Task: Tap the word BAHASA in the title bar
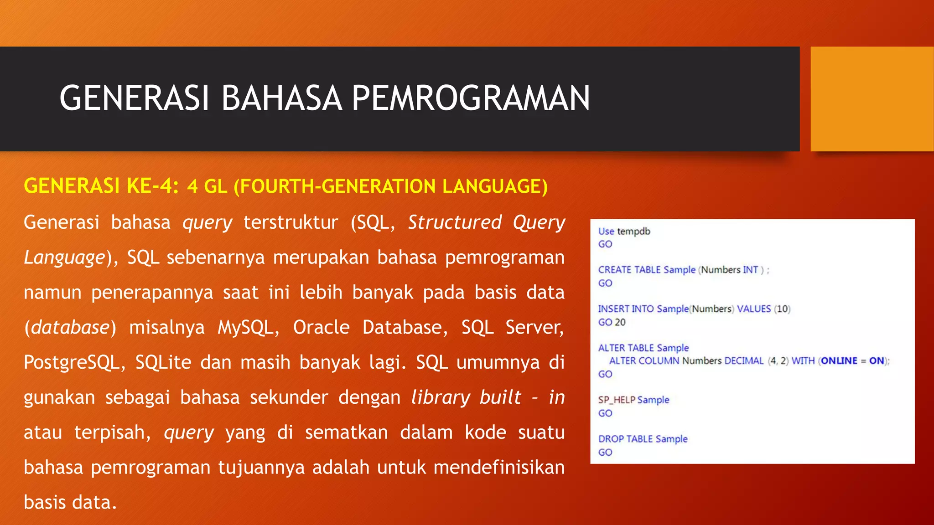(281, 98)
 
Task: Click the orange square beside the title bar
(872, 99)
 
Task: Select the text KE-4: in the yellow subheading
(152, 186)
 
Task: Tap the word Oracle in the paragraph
(321, 327)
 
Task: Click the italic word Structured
(455, 222)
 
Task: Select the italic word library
(440, 397)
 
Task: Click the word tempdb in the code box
(633, 232)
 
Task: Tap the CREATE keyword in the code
(615, 270)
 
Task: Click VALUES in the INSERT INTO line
(753, 309)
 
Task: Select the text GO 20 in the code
(612, 322)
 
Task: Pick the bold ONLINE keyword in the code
(839, 361)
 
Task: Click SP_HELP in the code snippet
(617, 400)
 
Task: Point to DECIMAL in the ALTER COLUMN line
(743, 361)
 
